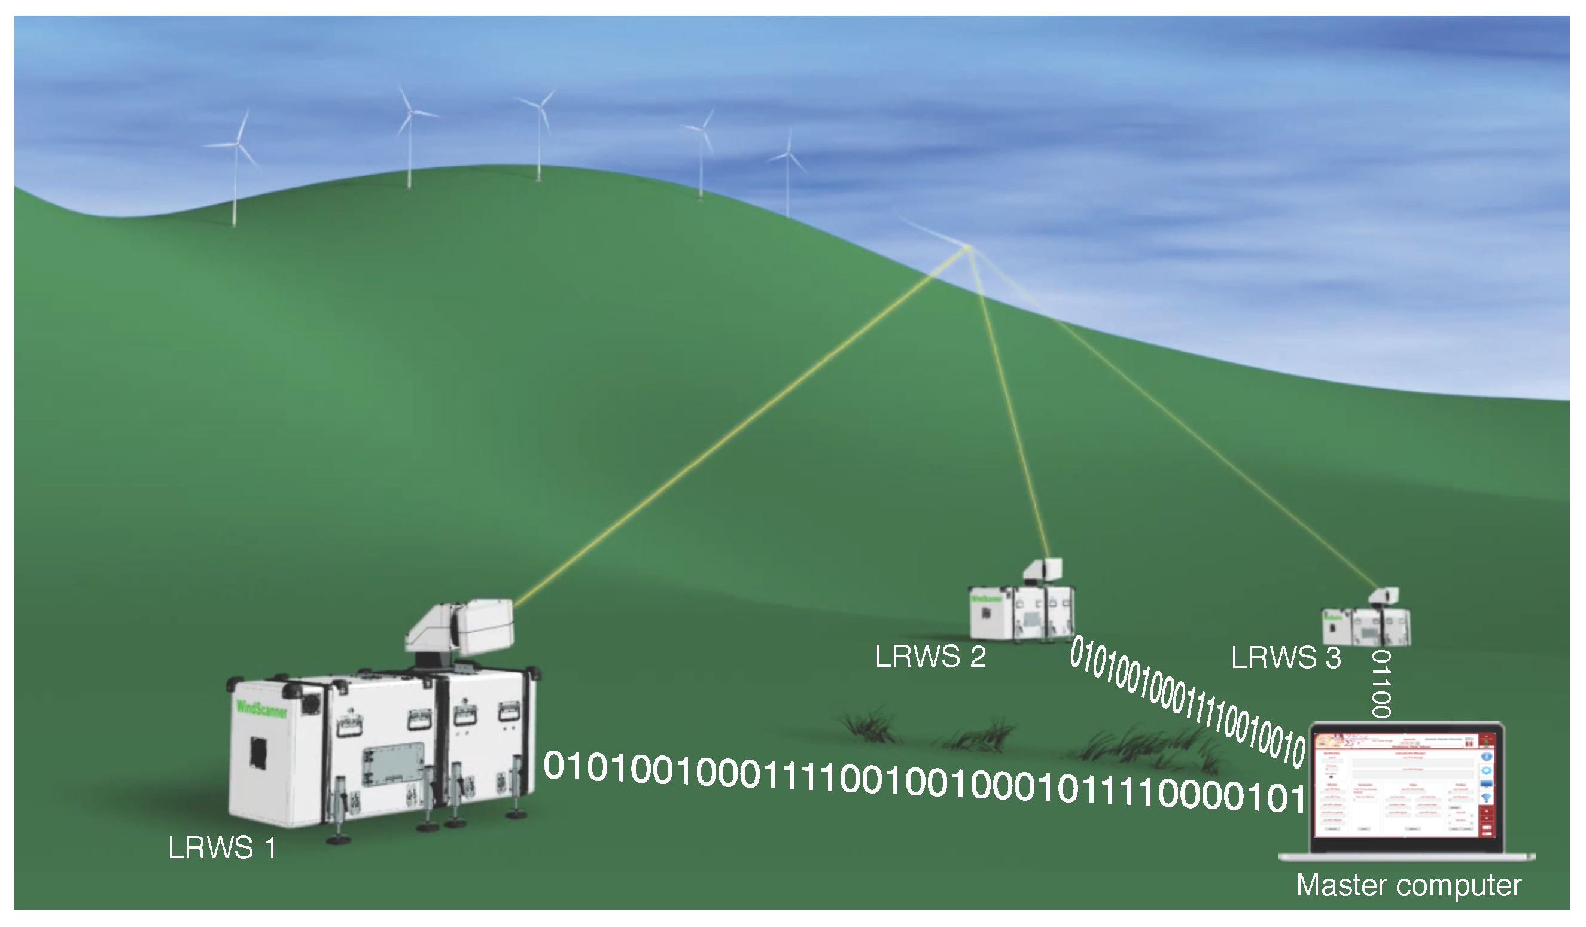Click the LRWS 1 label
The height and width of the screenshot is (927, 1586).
221,847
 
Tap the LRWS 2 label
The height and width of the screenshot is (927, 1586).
930,657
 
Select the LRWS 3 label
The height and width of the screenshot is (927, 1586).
1285,658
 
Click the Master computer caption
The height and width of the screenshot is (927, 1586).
1408,885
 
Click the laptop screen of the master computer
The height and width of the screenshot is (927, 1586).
1406,791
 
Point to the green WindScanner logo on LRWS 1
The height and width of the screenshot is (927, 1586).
261,709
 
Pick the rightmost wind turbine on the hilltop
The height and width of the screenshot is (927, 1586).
787,170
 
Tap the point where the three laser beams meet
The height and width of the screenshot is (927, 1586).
969,248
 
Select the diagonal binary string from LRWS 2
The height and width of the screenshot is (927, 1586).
1186,702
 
